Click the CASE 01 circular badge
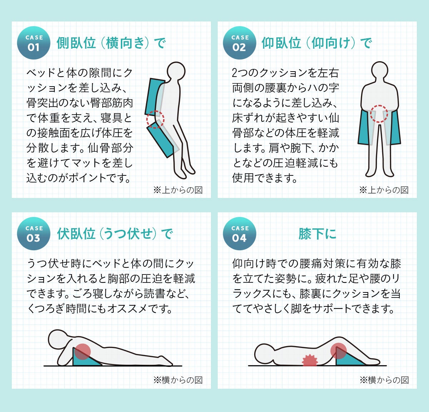point(34,43)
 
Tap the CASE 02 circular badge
point(240,43)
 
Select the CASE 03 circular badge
point(34,233)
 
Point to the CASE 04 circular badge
point(240,233)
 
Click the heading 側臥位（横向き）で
point(111,43)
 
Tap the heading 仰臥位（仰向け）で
point(317,43)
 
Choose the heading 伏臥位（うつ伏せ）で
point(115,233)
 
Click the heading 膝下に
point(317,233)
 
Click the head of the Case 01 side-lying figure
point(176,71)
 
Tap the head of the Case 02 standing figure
point(379,71)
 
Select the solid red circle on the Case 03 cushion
point(82,351)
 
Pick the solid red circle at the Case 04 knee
point(339,350)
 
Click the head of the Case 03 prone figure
point(58,340)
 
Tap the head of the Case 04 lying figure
point(265,354)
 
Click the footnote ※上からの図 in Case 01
point(178,190)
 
